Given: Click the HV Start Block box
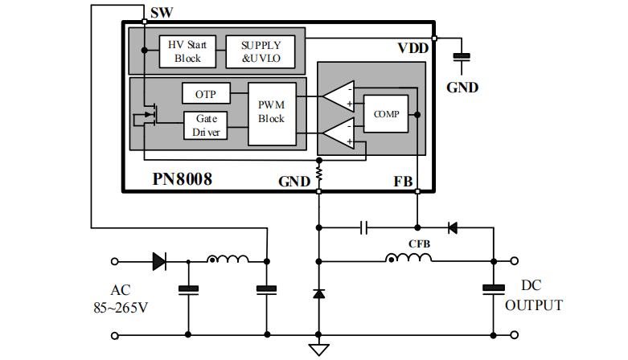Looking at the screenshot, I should click(x=187, y=51).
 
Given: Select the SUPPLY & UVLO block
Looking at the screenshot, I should click(x=261, y=51).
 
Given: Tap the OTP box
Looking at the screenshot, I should click(x=205, y=94).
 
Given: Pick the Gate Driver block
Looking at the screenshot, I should click(x=205, y=125).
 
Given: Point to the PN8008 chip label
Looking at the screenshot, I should click(x=183, y=179).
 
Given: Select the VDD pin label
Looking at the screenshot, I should click(x=413, y=48).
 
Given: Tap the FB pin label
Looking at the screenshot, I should click(x=404, y=182).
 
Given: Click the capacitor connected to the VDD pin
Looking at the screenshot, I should click(x=462, y=56).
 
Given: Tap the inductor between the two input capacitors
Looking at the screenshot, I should click(x=228, y=259).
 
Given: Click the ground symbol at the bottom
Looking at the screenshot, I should click(x=319, y=348).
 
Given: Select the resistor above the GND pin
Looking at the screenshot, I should click(x=319, y=173).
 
